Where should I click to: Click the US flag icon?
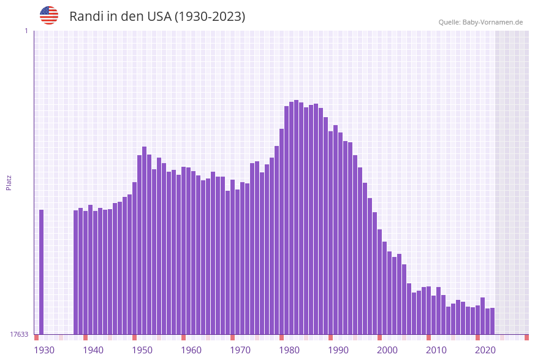tap(49, 15)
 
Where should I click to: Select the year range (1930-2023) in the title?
tap(210, 17)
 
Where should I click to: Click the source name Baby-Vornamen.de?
tap(492, 22)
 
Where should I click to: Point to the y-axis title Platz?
tap(9, 182)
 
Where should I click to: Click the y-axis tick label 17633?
tap(19, 334)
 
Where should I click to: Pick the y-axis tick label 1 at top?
tap(26, 31)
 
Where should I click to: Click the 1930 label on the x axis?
tap(44, 350)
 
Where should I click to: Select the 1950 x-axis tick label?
tap(142, 350)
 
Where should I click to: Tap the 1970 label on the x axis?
tap(240, 350)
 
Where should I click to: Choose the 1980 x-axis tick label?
tap(289, 350)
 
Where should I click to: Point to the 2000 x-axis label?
tap(387, 350)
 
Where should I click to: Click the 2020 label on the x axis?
tap(485, 350)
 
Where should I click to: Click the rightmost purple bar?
tap(492, 321)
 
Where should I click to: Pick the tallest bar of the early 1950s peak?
tap(145, 240)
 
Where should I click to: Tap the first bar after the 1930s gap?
tap(76, 272)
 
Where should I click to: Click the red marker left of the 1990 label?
tap(331, 337)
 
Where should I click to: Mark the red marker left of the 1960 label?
tap(184, 337)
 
